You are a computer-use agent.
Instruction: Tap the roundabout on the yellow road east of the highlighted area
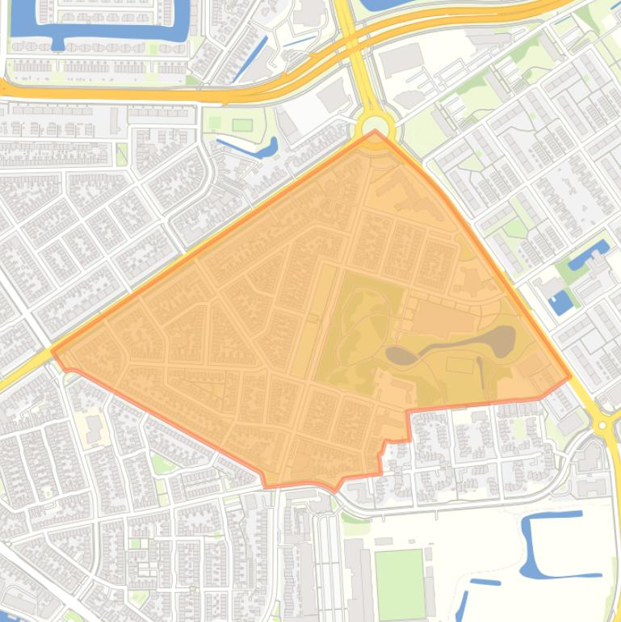(602, 424)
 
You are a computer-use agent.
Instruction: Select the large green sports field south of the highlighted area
(399, 583)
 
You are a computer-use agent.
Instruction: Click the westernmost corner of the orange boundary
(53, 351)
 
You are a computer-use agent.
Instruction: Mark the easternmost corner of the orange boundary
(570, 376)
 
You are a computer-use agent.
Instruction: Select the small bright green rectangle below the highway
(242, 124)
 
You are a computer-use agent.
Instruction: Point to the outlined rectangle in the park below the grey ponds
(459, 365)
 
